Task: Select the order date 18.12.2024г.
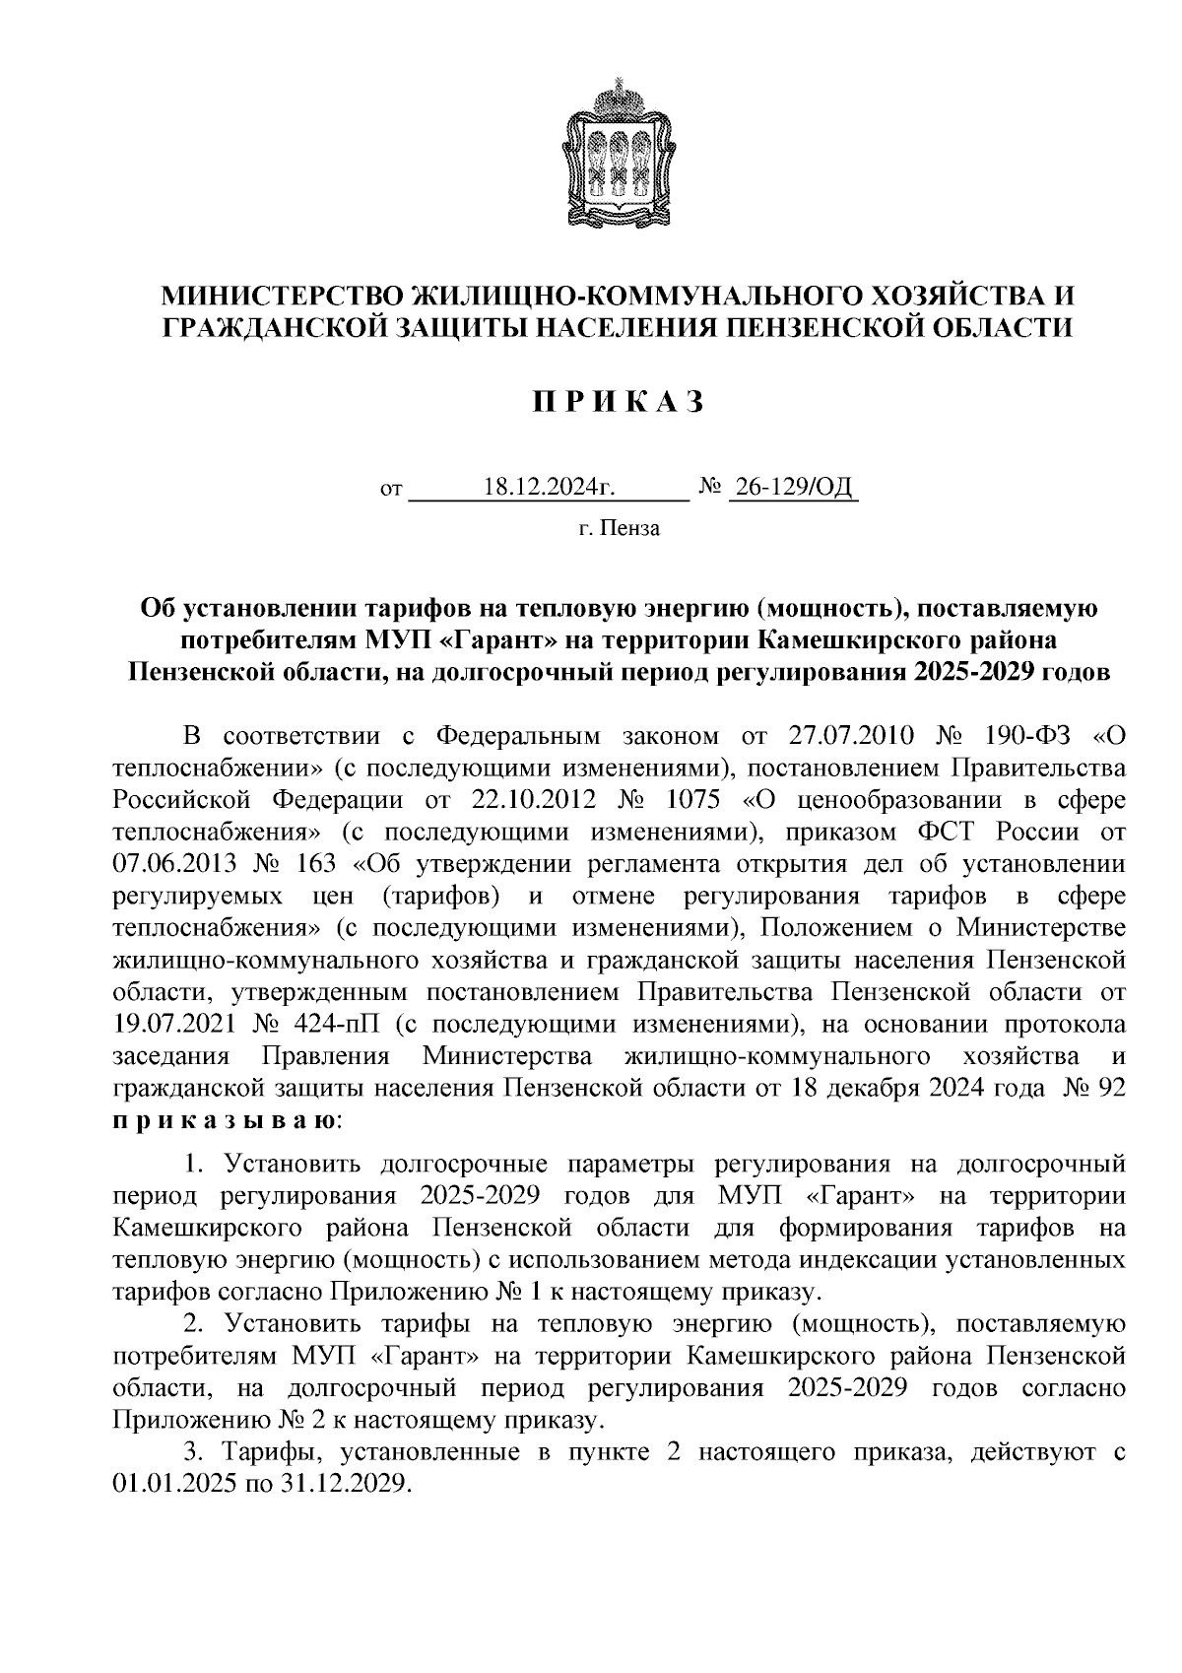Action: [x=549, y=487]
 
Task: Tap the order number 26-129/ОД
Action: [x=793, y=487]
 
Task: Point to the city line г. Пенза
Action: [x=620, y=529]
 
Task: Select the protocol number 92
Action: [x=1110, y=1089]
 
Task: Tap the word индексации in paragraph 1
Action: [x=872, y=1260]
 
